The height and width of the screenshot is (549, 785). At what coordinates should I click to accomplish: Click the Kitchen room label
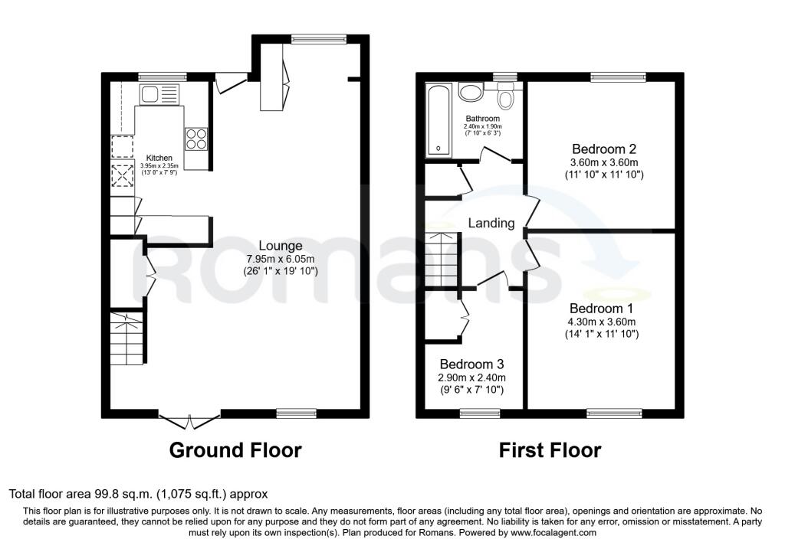159,158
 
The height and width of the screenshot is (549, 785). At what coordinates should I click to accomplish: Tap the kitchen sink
159,94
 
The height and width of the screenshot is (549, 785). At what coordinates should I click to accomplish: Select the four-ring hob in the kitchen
195,139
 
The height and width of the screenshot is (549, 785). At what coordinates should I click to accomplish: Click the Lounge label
281,246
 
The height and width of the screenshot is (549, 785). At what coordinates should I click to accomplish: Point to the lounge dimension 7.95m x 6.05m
281,259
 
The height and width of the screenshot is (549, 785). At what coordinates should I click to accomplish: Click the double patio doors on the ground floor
190,420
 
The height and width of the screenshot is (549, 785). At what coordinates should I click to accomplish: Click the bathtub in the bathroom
438,120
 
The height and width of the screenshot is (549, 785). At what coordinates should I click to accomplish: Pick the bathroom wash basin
470,93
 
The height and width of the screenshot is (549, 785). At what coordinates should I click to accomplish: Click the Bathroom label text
483,119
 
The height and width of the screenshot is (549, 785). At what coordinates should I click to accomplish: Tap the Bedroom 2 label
604,149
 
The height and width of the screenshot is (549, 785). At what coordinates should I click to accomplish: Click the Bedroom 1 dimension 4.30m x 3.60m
601,322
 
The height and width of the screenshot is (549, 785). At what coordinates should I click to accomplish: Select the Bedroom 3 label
471,364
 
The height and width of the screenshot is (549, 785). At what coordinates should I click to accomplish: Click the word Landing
491,223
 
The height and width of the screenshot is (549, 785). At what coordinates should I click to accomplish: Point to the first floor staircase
442,260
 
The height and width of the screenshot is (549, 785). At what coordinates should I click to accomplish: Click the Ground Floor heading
235,450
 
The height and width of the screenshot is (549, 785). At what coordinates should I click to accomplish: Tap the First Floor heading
550,450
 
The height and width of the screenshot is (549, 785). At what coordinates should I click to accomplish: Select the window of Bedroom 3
480,413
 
